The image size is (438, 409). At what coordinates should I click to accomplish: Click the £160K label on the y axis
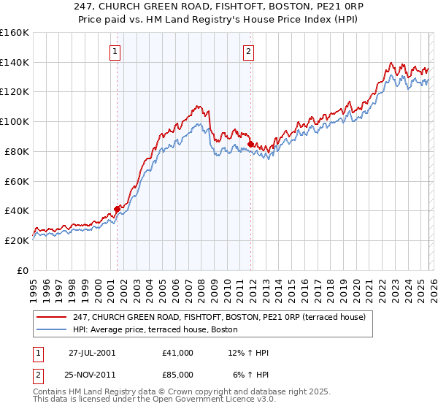15,33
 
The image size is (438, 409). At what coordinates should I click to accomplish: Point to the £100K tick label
15,122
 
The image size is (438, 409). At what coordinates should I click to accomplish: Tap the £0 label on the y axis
22,270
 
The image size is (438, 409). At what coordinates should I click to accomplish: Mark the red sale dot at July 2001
118,209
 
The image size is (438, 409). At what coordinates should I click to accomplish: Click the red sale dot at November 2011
250,144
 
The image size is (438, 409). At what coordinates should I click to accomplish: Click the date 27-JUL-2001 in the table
92,353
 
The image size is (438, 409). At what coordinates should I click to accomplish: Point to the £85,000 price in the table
178,376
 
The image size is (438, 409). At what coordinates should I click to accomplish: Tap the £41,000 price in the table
178,353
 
